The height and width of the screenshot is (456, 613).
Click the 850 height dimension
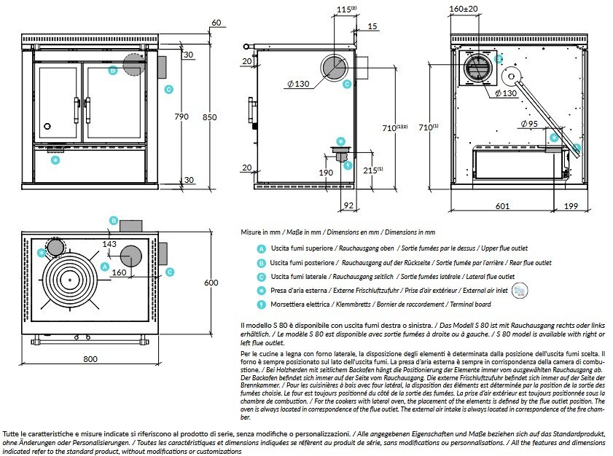(x=210, y=116)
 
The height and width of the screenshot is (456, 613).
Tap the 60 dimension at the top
(x=215, y=23)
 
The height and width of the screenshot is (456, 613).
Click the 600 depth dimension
(x=211, y=283)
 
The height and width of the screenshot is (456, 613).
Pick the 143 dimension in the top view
(x=110, y=244)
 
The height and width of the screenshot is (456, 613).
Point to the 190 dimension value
(x=326, y=172)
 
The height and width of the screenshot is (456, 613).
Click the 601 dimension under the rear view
(x=502, y=206)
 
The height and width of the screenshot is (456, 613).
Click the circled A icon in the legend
(x=260, y=248)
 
